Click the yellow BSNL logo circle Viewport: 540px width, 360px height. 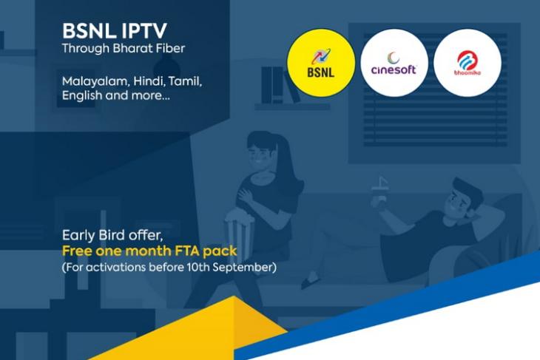point(321,63)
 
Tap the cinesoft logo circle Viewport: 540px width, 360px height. point(394,63)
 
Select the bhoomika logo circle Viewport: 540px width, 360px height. point(468,63)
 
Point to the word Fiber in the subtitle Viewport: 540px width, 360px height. point(170,48)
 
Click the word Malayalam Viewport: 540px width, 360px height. point(95,82)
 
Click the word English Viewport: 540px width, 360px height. point(82,95)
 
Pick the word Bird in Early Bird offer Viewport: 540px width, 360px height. point(111,235)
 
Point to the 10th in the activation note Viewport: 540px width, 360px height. point(198,267)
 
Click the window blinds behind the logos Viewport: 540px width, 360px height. point(435,90)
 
